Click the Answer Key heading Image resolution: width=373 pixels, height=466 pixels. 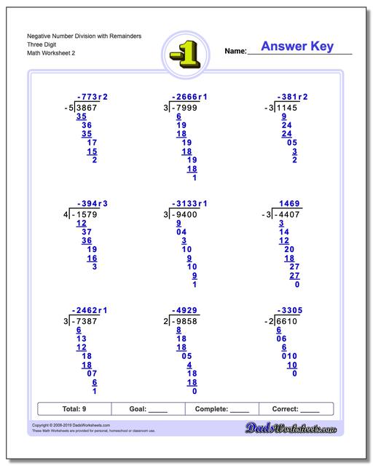click(x=297, y=47)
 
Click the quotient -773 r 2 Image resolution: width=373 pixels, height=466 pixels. click(x=92, y=96)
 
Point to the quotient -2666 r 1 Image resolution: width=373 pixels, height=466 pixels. click(x=189, y=96)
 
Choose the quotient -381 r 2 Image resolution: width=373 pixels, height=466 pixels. click(x=291, y=96)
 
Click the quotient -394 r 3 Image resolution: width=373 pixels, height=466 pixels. click(x=92, y=203)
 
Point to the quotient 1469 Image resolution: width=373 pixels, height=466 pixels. click(x=291, y=203)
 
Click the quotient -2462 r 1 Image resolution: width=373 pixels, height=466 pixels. click(x=89, y=310)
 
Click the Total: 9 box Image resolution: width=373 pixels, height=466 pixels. click(x=73, y=409)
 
